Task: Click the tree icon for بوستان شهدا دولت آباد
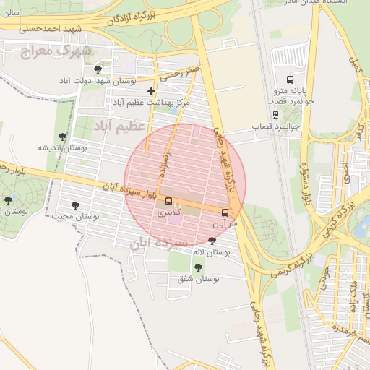point(98,69)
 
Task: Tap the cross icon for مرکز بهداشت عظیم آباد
point(151,91)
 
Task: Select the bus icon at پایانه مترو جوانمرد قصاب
point(290,79)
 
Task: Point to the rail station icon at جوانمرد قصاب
point(275,114)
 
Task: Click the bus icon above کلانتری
point(169,201)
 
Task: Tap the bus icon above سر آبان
point(225,212)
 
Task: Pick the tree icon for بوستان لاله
point(211,241)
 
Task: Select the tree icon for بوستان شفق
point(198,267)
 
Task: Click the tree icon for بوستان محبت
point(75,205)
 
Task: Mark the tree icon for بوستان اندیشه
point(63,135)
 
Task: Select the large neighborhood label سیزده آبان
point(158,242)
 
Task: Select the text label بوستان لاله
point(211,252)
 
